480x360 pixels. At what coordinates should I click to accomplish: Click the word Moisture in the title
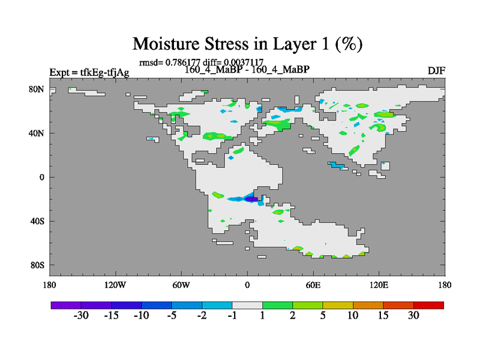166,44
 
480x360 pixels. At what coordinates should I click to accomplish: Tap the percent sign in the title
349,44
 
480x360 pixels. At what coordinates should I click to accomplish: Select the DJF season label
436,71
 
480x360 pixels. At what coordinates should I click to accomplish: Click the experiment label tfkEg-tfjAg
104,73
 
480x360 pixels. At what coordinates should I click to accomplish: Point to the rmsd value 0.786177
183,62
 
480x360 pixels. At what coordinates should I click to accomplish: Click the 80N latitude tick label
37,89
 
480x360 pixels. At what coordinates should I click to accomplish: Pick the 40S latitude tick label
37,221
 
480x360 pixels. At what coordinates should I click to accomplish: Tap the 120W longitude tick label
115,285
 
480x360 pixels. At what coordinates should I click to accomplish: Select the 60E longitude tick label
313,285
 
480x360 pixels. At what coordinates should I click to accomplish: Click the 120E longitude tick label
379,285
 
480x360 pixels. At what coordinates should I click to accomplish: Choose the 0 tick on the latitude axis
41,177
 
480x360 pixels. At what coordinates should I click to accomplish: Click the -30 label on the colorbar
81,316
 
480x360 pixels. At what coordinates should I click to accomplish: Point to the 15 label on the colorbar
383,316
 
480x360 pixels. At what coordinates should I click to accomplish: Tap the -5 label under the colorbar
172,316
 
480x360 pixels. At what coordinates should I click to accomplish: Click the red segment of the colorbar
428,305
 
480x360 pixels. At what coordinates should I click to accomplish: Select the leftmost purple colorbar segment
66,305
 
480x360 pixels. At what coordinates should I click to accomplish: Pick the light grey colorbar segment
247,305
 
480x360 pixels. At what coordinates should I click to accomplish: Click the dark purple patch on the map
251,199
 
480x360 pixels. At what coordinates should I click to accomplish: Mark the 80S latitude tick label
37,265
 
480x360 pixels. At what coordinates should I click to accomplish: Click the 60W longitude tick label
181,285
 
